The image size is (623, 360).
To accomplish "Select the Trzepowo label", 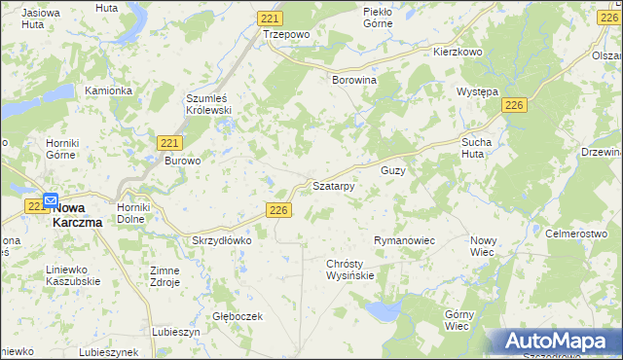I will tap(285, 33).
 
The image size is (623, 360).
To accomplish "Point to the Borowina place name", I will tap(354, 80).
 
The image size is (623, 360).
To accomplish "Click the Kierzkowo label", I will tap(458, 52).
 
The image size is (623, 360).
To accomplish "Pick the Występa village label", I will tap(478, 91).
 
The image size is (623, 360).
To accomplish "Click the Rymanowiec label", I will tap(403, 239).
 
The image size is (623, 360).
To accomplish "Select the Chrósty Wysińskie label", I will tap(349, 270).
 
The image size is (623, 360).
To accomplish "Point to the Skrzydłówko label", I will tap(222, 239).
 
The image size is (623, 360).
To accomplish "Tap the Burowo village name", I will tap(182, 161).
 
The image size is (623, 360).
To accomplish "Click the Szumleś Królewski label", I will tap(207, 104).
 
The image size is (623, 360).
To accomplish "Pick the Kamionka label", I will tap(108, 90).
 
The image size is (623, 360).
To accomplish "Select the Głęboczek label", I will tap(238, 316).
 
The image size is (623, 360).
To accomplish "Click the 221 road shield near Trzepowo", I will tap(272, 18).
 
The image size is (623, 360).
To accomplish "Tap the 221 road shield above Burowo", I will tap(166, 142).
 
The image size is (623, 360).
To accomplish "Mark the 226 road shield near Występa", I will tap(515, 105).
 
